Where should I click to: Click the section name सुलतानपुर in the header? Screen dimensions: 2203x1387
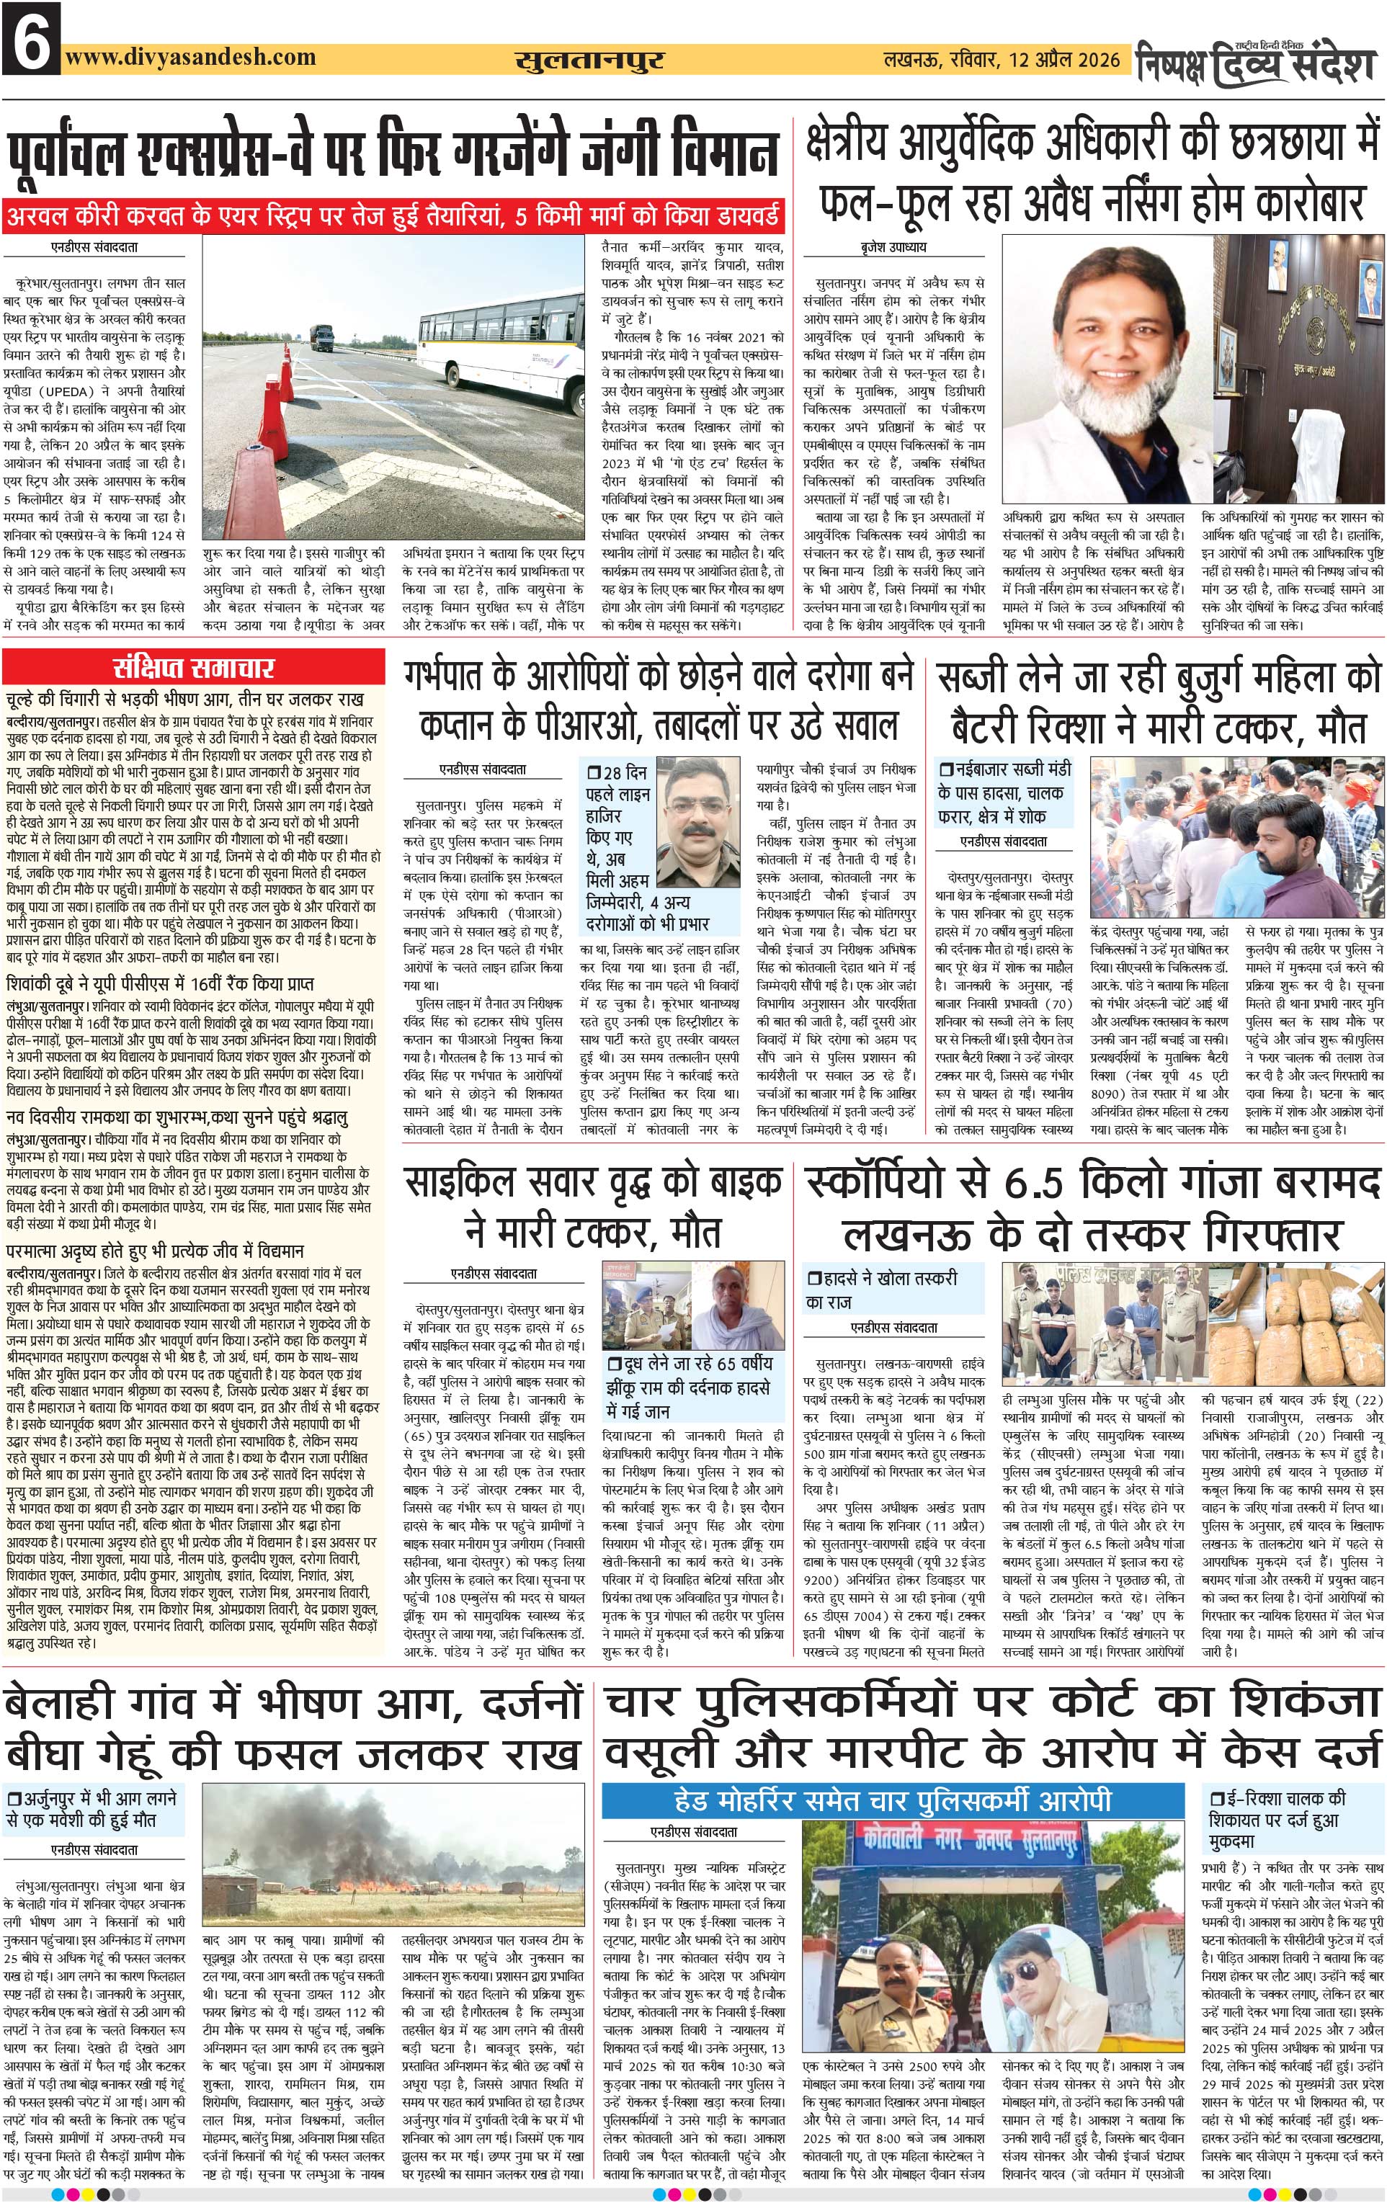tap(589, 61)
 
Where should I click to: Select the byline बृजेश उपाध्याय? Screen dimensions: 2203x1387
tap(880, 247)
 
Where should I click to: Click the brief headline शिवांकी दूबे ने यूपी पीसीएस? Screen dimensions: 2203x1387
tap(160, 983)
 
